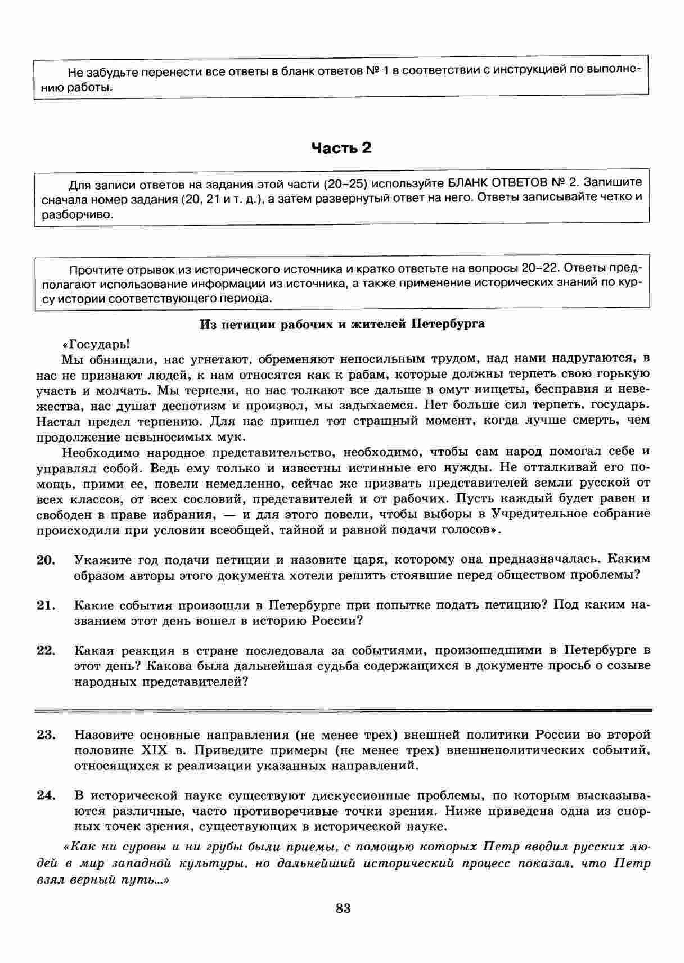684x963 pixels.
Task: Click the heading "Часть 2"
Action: point(341,148)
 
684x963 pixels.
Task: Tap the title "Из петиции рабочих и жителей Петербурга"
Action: point(343,325)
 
